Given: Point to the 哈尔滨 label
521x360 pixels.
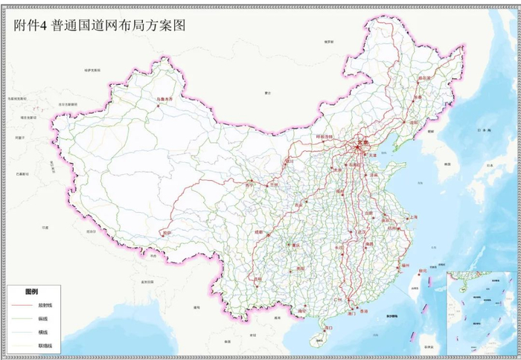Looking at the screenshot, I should pos(424,77).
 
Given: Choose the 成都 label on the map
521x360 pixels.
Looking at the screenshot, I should pos(258,233).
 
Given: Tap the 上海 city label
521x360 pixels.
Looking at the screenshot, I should pos(409,216).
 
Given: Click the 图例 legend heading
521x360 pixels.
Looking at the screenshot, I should pos(31,291).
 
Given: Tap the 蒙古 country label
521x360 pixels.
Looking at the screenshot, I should pos(268,93).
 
